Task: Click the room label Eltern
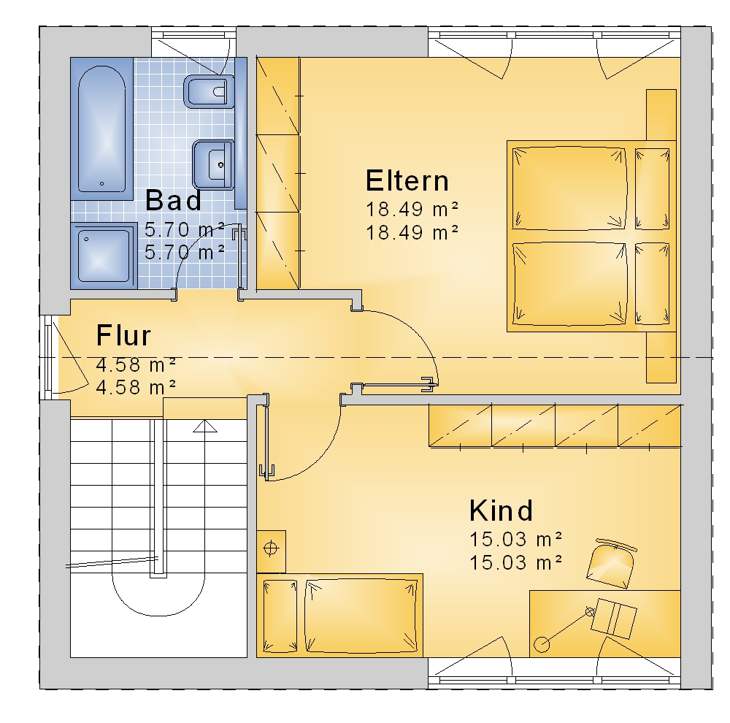click(x=407, y=181)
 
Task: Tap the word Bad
click(x=173, y=200)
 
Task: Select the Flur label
click(x=123, y=335)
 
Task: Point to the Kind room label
click(x=501, y=510)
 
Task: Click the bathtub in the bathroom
click(x=102, y=129)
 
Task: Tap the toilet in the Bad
click(x=209, y=91)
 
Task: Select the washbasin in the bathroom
click(x=213, y=165)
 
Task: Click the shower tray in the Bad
click(x=104, y=256)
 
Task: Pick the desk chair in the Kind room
click(x=611, y=564)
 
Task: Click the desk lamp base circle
click(x=542, y=645)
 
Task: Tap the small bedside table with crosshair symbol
click(x=271, y=551)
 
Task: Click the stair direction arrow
click(x=205, y=426)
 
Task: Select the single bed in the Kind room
click(x=340, y=616)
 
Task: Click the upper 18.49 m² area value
click(x=412, y=210)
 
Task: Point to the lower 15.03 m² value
click(x=516, y=563)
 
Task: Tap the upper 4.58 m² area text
click(x=136, y=364)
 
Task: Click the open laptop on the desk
click(x=614, y=618)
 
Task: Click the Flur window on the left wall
click(x=48, y=357)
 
